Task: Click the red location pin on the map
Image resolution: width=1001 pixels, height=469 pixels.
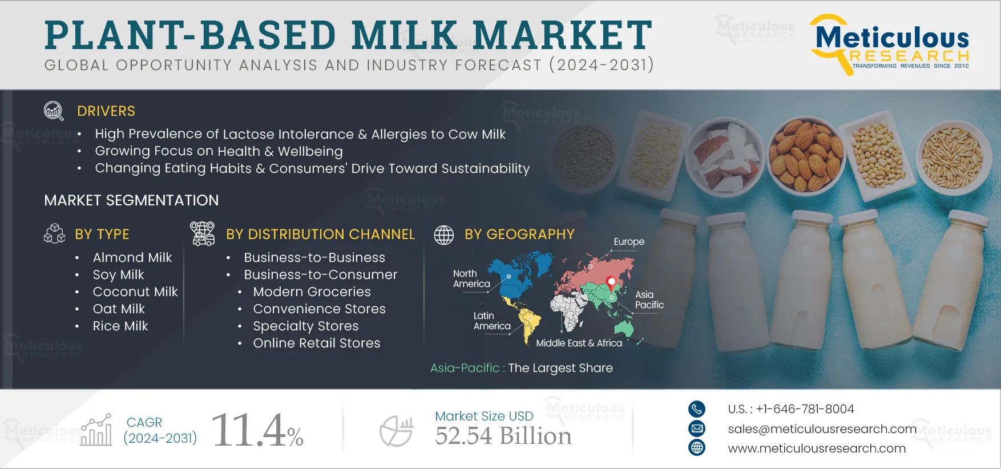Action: (611, 282)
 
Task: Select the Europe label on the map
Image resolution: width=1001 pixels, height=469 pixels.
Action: (628, 241)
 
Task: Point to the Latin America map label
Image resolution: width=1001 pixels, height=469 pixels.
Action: (491, 321)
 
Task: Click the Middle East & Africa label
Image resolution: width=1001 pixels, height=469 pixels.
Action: (579, 343)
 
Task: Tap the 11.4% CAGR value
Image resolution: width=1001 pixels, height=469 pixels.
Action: (257, 431)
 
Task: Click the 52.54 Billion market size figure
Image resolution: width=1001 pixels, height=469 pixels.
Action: (503, 436)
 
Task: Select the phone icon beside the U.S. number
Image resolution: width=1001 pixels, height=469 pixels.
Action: (697, 409)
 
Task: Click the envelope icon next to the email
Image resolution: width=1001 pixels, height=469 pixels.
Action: (697, 428)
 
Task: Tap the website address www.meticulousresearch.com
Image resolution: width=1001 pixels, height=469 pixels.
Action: (816, 448)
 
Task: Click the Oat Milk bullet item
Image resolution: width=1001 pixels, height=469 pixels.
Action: (119, 309)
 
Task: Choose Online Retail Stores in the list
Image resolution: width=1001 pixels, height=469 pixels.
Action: (316, 343)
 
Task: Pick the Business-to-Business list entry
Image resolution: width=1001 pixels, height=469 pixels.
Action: (314, 257)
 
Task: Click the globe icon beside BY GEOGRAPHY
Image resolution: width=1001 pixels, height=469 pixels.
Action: (444, 234)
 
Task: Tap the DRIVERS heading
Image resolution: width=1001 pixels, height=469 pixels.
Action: (106, 111)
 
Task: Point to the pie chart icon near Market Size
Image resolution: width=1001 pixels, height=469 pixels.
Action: (396, 431)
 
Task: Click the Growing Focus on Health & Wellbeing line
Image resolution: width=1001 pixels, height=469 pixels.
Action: (219, 151)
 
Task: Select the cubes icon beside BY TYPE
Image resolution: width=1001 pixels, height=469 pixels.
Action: (55, 233)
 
